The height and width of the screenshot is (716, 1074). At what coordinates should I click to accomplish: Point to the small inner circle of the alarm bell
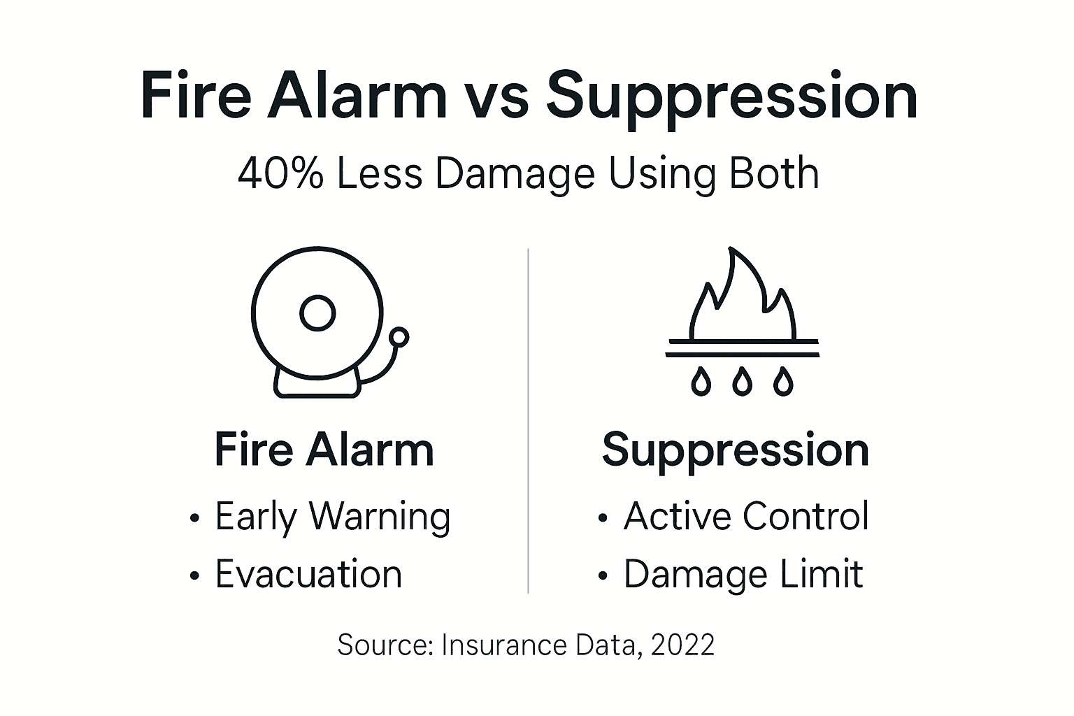click(317, 313)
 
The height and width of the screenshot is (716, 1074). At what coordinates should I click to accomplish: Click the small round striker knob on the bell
click(399, 338)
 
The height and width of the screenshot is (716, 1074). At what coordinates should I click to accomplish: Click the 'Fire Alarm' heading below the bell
click(324, 449)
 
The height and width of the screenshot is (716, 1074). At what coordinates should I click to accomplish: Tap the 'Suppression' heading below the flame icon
click(735, 450)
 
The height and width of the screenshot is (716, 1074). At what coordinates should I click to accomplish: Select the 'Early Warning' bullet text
click(332, 517)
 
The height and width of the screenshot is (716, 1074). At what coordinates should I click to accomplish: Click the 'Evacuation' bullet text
click(308, 574)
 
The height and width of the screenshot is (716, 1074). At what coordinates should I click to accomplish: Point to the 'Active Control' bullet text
click(746, 516)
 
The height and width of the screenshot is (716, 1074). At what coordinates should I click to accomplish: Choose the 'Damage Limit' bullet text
click(743, 575)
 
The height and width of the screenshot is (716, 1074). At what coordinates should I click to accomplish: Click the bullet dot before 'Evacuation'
click(195, 575)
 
